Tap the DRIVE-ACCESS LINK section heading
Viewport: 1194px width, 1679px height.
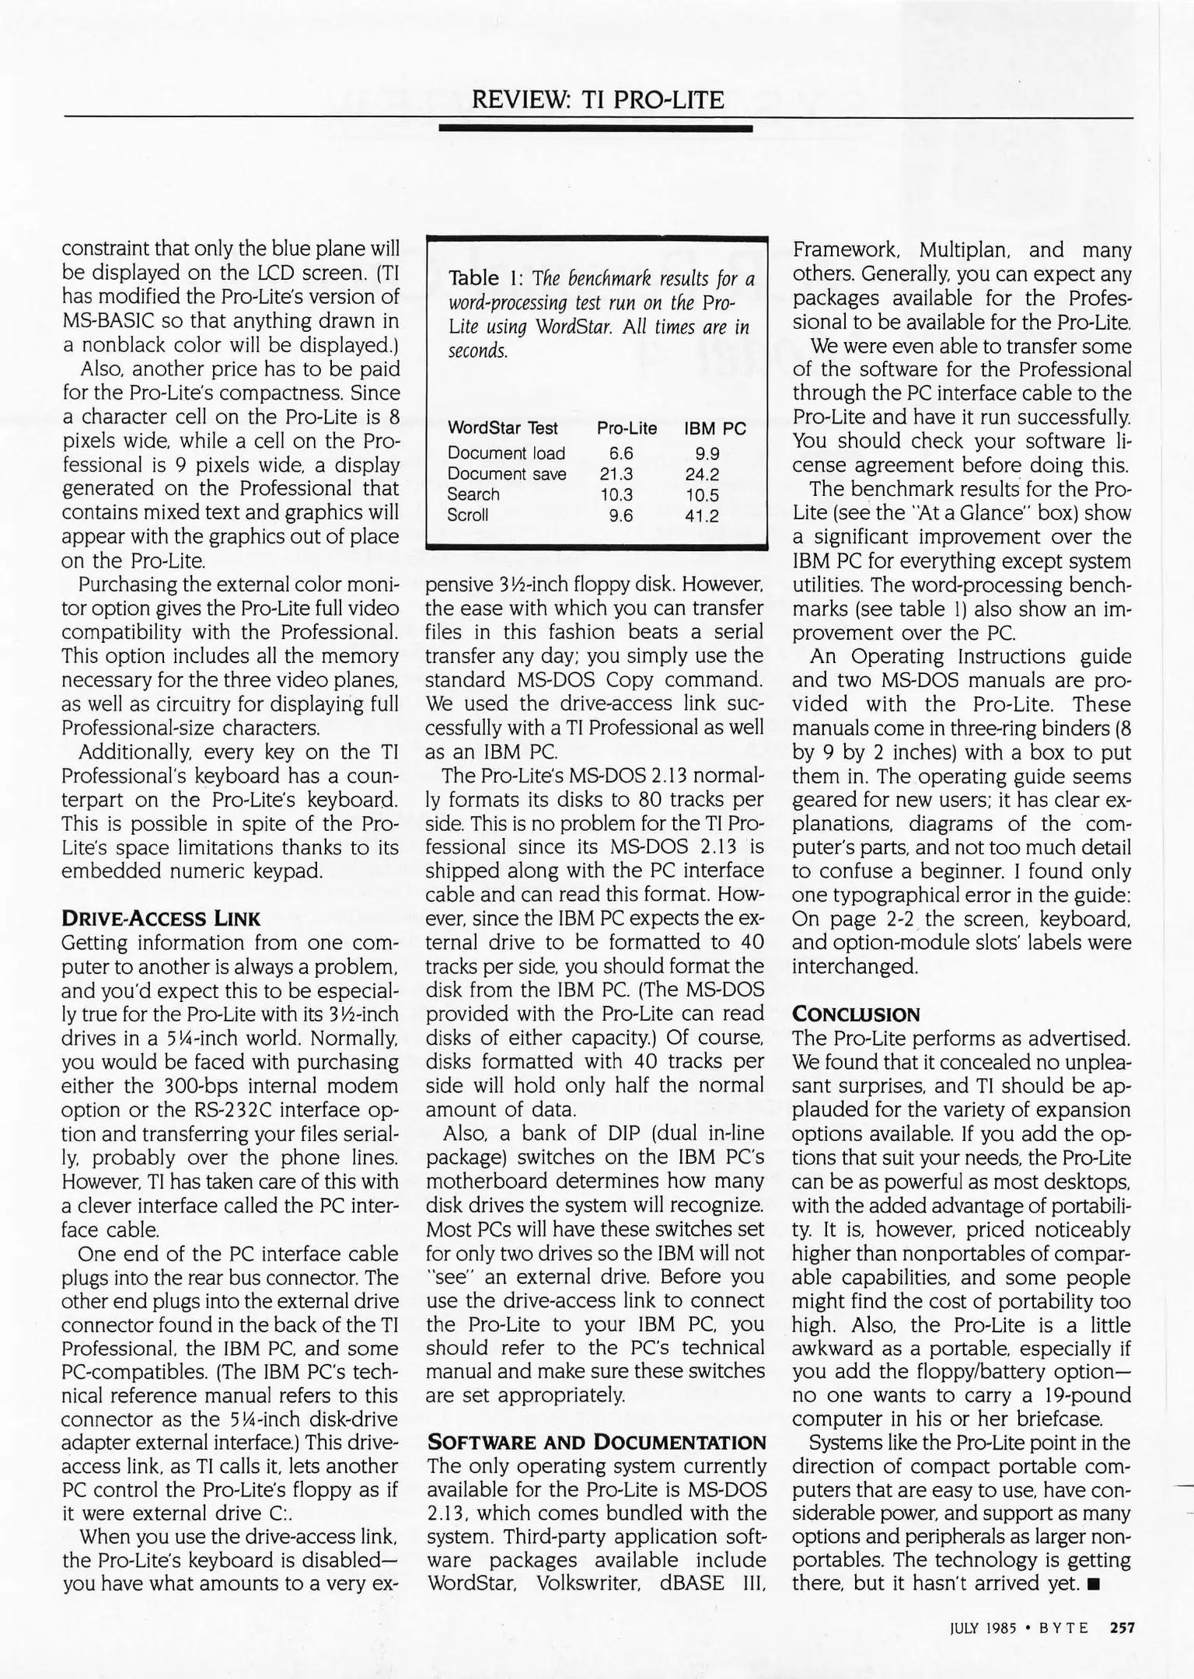[x=160, y=919]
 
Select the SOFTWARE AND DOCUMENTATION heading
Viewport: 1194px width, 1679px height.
[x=596, y=1443]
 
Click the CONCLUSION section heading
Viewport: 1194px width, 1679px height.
[x=856, y=1014]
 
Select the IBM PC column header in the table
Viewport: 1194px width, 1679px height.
[x=714, y=428]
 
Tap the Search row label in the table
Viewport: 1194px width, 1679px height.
[x=473, y=494]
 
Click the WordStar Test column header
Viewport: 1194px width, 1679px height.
[x=502, y=428]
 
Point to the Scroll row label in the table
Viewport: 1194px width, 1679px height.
[x=467, y=515]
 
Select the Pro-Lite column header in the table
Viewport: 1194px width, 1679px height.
[x=627, y=428]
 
